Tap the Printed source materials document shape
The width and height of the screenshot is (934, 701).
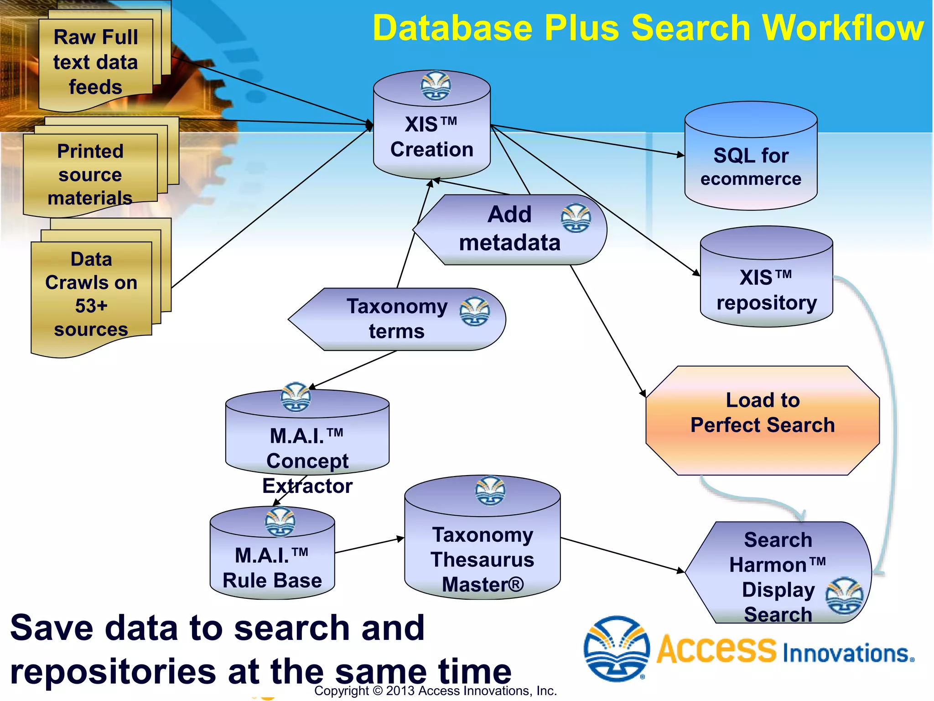(x=90, y=175)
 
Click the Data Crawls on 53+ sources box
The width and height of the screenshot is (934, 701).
(x=91, y=294)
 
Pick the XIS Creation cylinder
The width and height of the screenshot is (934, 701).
(x=431, y=137)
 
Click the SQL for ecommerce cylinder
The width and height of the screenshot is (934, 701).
(x=751, y=167)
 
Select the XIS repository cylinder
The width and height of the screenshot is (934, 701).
(x=766, y=290)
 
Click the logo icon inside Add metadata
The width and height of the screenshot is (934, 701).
(x=576, y=219)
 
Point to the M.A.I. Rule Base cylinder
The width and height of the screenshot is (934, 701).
(x=272, y=566)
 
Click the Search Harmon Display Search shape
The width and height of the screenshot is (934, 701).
(x=778, y=575)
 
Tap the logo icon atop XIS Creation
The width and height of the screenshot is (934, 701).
(x=436, y=85)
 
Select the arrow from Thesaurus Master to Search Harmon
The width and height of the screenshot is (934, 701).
(x=623, y=555)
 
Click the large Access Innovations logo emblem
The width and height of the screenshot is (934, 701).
(x=617, y=649)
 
